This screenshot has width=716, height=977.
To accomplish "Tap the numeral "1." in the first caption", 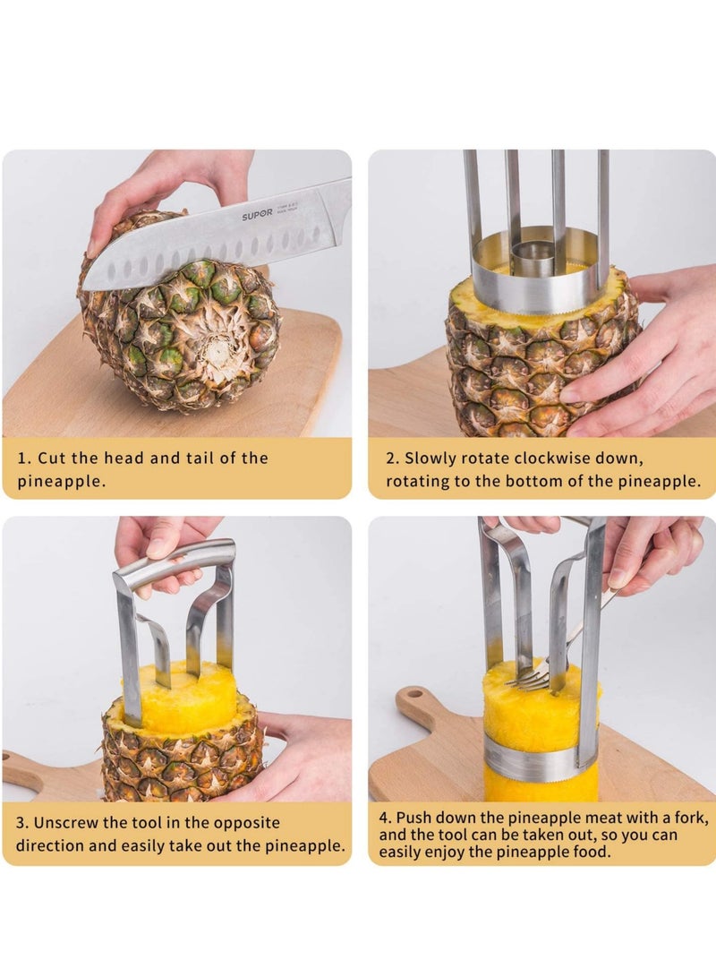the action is click(24, 458).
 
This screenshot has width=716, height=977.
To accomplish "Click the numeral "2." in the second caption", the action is click(392, 458).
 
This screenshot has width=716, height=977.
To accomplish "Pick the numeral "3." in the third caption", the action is click(22, 822).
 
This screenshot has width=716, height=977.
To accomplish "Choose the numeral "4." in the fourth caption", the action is click(386, 818).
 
